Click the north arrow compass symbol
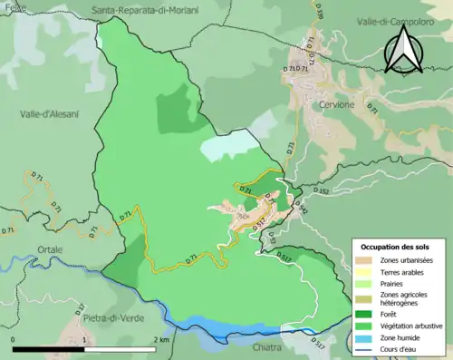tap(404, 49)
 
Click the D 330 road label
tap(320, 11)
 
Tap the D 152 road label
tap(322, 191)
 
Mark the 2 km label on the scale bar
tap(161, 338)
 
